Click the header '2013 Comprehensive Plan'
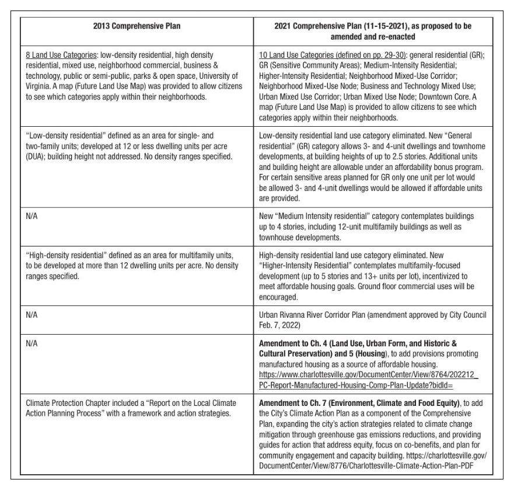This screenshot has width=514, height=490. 137,26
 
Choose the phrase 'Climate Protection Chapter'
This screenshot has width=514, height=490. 65,403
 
